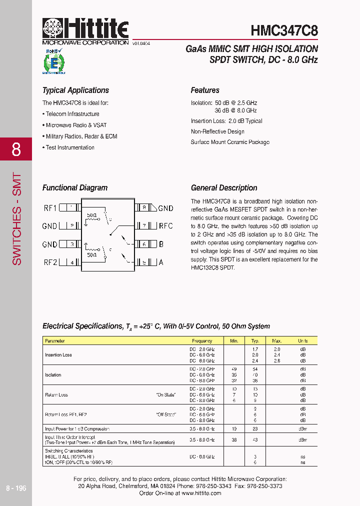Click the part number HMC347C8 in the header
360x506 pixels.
coord(284,30)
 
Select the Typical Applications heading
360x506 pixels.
coord(75,90)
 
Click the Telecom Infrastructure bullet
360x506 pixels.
coord(72,114)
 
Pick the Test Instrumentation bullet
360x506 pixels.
coord(69,147)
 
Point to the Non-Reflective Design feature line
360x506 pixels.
coord(217,131)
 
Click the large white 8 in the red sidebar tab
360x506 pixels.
coord(16,149)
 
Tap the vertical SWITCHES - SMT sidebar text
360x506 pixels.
coord(17,220)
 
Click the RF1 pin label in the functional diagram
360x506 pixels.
coord(50,207)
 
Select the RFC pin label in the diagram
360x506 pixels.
coord(165,226)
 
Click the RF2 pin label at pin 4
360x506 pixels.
coord(50,262)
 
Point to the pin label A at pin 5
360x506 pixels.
coord(161,262)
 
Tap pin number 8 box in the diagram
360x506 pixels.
coord(144,207)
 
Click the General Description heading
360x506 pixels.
coord(224,188)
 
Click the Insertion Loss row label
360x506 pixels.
coord(58,355)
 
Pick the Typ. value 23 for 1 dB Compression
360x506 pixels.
coord(255,429)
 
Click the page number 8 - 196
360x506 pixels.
coord(16,488)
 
